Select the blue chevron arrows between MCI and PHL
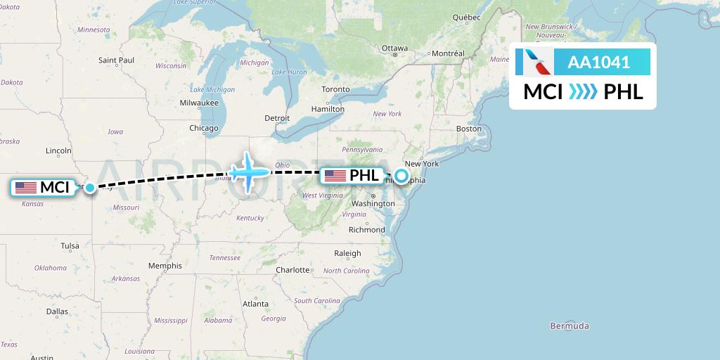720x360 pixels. (x=583, y=92)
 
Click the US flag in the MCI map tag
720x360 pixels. (x=26, y=188)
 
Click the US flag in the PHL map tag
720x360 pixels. (x=335, y=176)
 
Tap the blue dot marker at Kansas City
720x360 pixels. (x=89, y=188)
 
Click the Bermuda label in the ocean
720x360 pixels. (x=570, y=326)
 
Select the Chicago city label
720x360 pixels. (x=203, y=129)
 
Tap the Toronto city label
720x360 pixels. (x=335, y=90)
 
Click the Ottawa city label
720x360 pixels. (x=394, y=49)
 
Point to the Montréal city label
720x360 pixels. (x=448, y=53)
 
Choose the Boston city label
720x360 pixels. (x=469, y=129)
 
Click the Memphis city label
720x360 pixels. (x=165, y=266)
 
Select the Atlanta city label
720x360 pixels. (x=255, y=304)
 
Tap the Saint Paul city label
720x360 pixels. (x=117, y=60)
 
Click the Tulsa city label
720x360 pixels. (x=70, y=246)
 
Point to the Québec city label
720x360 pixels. (x=466, y=17)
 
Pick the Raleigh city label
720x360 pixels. (x=347, y=253)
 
